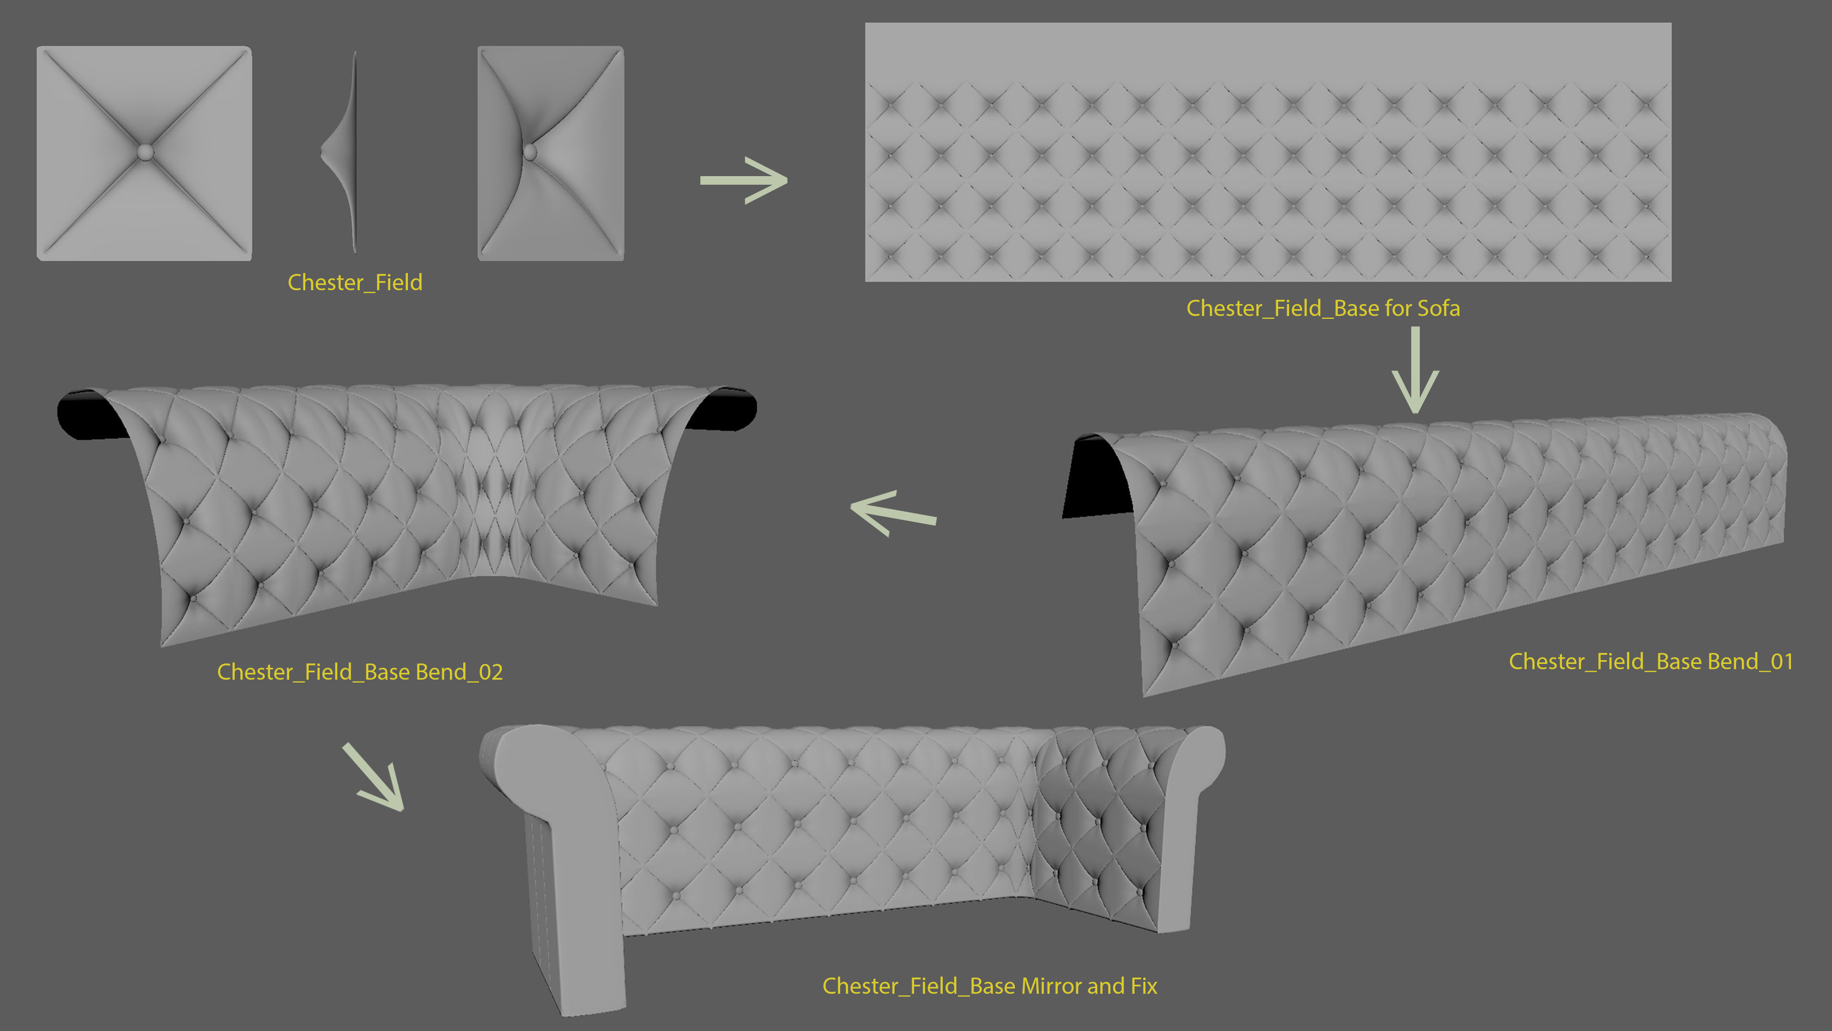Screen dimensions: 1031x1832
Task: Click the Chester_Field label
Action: click(355, 283)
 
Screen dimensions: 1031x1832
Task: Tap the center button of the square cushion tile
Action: click(145, 152)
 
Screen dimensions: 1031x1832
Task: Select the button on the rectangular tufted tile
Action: click(530, 152)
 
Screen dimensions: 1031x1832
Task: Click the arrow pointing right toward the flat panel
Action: click(743, 180)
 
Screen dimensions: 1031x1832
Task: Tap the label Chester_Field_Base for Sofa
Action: click(1323, 308)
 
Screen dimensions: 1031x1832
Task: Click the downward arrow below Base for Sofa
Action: click(1415, 370)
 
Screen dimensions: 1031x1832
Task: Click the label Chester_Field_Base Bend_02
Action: click(360, 672)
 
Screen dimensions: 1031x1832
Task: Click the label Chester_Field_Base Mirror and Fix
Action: click(989, 986)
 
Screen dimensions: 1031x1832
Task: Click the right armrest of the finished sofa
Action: click(1187, 818)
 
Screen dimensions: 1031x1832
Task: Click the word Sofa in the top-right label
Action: click(1439, 308)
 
